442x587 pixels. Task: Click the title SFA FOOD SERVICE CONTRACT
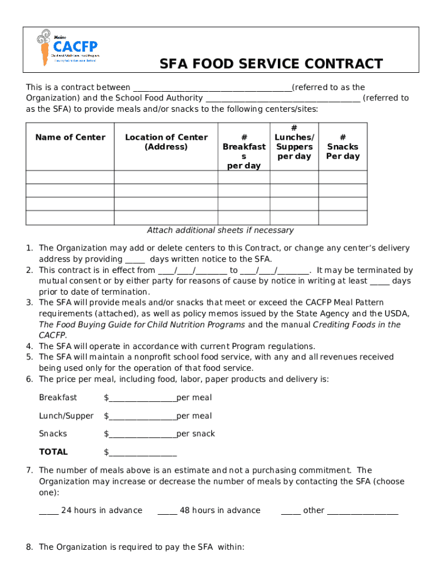[271, 63]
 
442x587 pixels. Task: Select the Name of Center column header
[70, 137]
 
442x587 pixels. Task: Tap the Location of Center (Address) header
[166, 142]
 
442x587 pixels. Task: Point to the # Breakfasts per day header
[244, 151]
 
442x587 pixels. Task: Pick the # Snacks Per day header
[343, 147]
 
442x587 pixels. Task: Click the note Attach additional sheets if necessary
[220, 230]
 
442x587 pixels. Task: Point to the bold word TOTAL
[53, 452]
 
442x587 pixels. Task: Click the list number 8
[29, 547]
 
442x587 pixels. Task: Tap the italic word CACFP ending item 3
[52, 335]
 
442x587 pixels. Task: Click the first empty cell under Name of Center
[70, 177]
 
